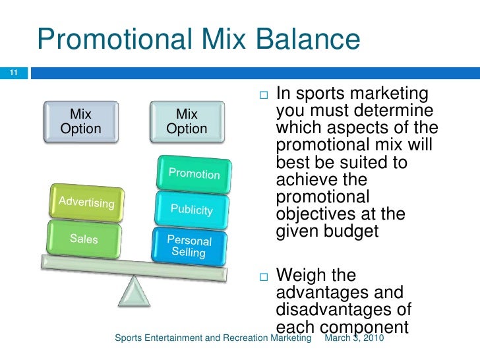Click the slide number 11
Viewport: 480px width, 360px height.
pyautogui.click(x=11, y=72)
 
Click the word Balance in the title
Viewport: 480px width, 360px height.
pyautogui.click(x=305, y=39)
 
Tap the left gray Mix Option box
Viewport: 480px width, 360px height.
pyautogui.click(x=80, y=121)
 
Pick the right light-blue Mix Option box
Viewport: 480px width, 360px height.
pyautogui.click(x=187, y=121)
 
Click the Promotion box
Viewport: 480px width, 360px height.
pyautogui.click(x=194, y=174)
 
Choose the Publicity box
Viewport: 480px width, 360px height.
pyautogui.click(x=191, y=209)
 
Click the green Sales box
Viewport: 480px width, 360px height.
pyautogui.click(x=84, y=239)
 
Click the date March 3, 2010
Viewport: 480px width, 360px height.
pyautogui.click(x=355, y=338)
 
